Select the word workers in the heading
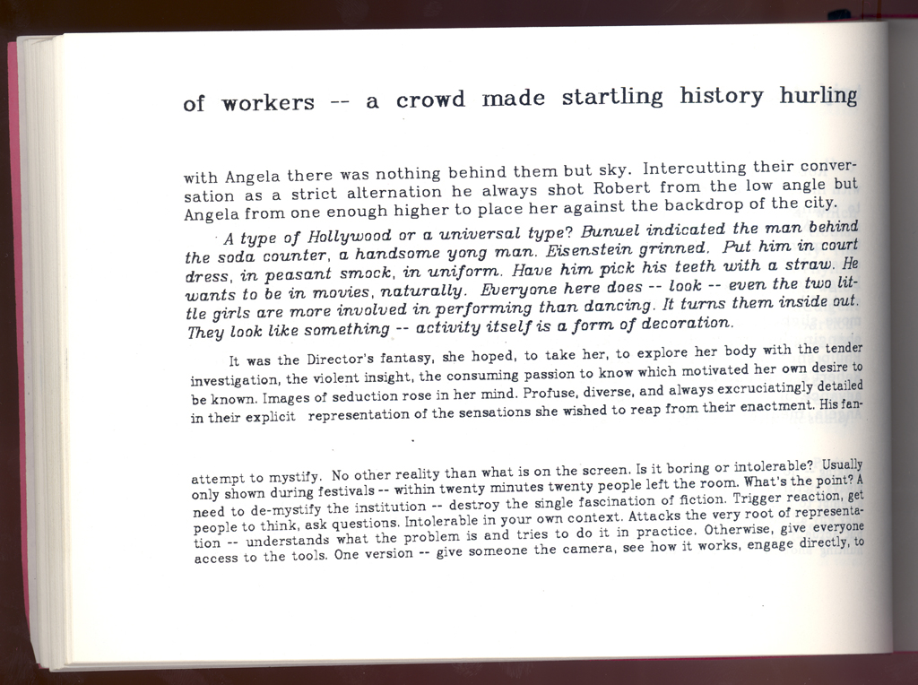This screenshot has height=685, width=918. (268, 103)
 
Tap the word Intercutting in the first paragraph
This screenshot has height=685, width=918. (696, 169)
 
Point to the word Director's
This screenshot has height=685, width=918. (330, 360)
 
